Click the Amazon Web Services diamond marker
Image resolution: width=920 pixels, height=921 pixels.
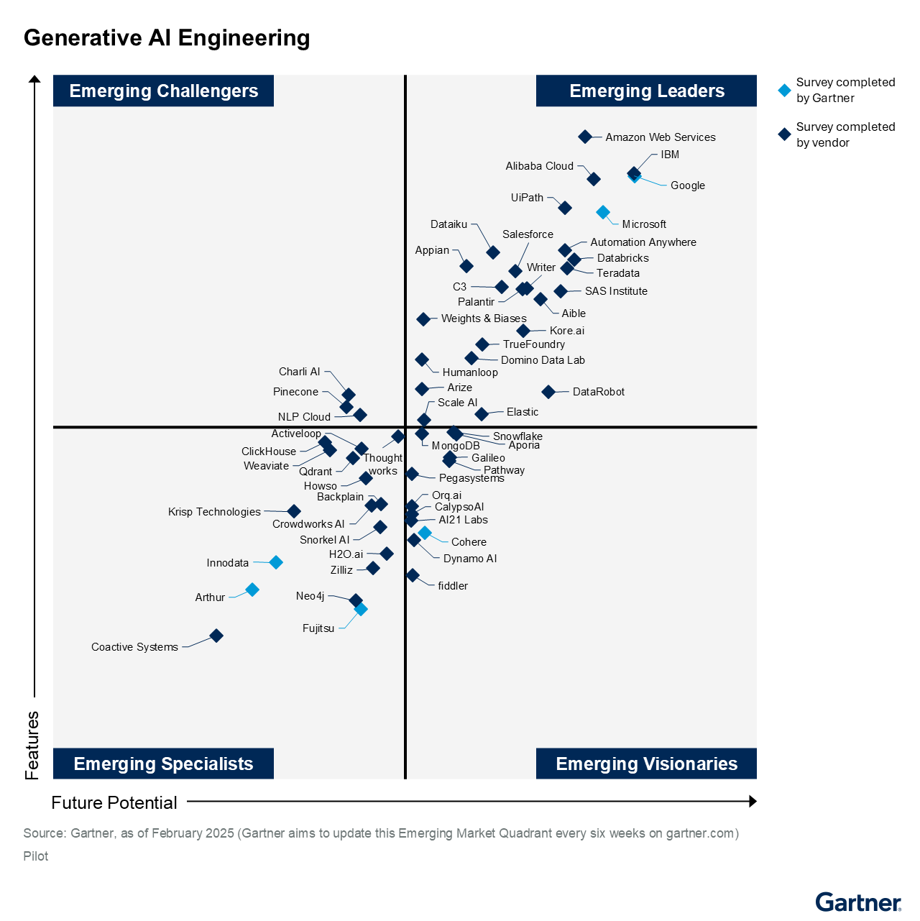pyautogui.click(x=585, y=137)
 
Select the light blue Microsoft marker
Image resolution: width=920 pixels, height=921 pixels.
pyautogui.click(x=603, y=212)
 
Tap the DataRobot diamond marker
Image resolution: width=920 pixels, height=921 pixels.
pyautogui.click(x=548, y=392)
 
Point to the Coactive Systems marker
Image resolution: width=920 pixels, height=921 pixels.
pyautogui.click(x=216, y=636)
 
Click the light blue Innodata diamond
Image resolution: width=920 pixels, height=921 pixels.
pyautogui.click(x=276, y=562)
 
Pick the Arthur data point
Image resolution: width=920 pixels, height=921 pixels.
pyautogui.click(x=252, y=590)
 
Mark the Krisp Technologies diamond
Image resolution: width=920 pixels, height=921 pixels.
pyautogui.click(x=294, y=511)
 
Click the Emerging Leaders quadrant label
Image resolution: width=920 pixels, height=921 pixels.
pyautogui.click(x=646, y=91)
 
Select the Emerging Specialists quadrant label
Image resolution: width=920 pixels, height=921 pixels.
pyautogui.click(x=163, y=764)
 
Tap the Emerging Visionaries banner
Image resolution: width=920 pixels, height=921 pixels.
pyautogui.click(x=646, y=764)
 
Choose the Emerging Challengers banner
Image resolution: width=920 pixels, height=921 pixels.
pyautogui.click(x=163, y=91)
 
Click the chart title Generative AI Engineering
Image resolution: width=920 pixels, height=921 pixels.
pyautogui.click(x=167, y=38)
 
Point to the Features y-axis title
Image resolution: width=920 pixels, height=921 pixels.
pyautogui.click(x=32, y=745)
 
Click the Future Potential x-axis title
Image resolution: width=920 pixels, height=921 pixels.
pyautogui.click(x=114, y=802)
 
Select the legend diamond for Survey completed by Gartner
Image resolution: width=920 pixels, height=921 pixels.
pyautogui.click(x=785, y=91)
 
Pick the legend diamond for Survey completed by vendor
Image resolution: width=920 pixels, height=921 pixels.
pyautogui.click(x=785, y=134)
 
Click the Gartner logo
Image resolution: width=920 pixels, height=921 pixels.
pyautogui.click(x=857, y=902)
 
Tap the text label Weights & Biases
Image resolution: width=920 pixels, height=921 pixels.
pyautogui.click(x=484, y=319)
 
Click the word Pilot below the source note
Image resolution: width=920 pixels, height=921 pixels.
pyautogui.click(x=36, y=856)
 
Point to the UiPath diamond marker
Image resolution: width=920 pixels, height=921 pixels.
pyautogui.click(x=565, y=208)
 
